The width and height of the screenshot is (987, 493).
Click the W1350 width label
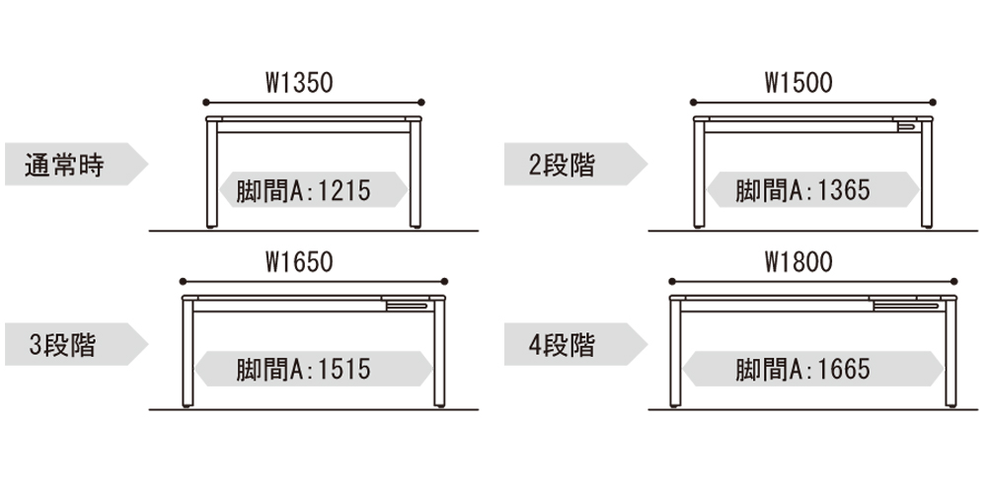pyautogui.click(x=299, y=84)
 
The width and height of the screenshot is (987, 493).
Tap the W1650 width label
pyautogui.click(x=299, y=262)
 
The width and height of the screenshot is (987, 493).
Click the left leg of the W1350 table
pyautogui.click(x=212, y=177)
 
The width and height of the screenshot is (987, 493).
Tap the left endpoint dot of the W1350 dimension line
pyautogui.click(x=204, y=103)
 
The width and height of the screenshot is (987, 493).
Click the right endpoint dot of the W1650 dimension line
pyautogui.click(x=445, y=281)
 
